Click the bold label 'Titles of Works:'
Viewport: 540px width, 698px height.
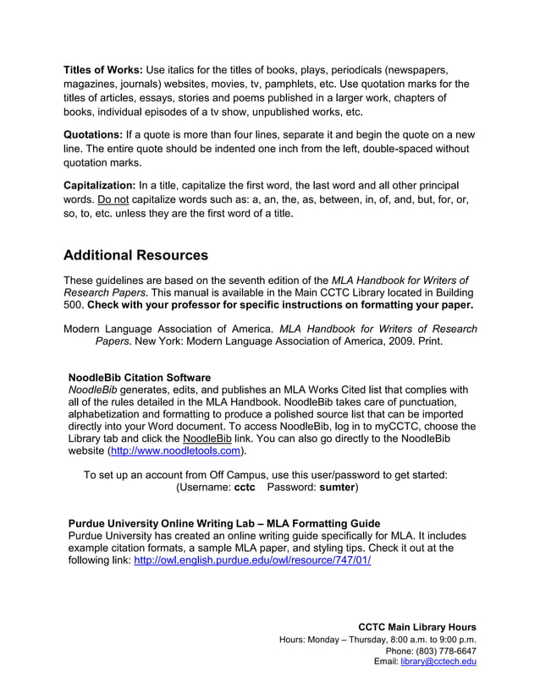point(103,68)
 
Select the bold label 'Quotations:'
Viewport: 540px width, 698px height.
point(93,134)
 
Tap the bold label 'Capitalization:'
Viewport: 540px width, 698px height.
point(100,185)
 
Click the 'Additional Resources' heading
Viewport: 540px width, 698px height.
point(135,254)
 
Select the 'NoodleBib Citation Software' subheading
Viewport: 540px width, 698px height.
point(139,377)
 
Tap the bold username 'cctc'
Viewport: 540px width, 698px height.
point(245,488)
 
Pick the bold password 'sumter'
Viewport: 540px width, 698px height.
point(336,488)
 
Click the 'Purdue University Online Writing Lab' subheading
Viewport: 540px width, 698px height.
point(223,523)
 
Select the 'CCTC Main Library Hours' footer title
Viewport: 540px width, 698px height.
point(417,627)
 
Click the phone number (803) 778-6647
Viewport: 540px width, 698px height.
point(444,651)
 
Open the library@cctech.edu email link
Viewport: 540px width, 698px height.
point(438,663)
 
